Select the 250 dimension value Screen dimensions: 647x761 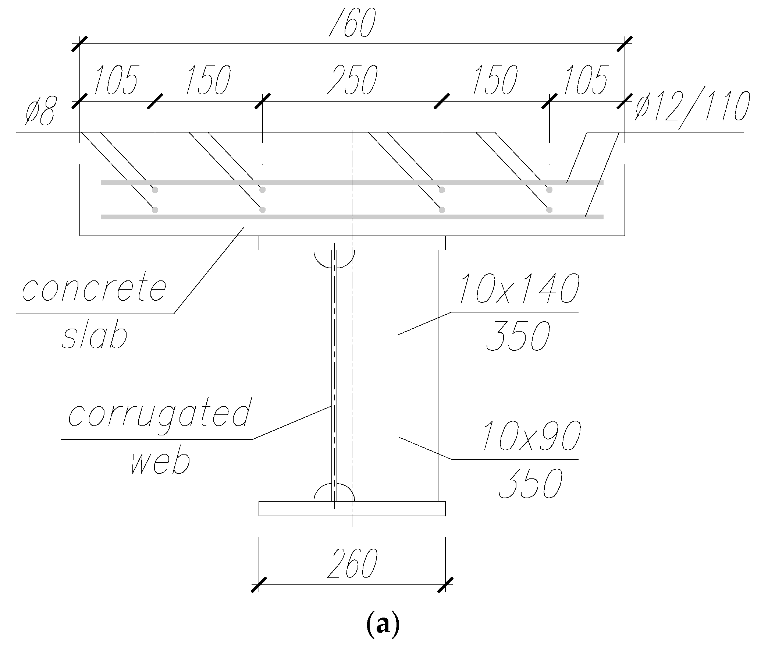pyautogui.click(x=352, y=80)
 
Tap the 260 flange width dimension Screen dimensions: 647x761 pyautogui.click(x=352, y=563)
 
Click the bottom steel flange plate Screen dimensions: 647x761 pyautogui.click(x=352, y=508)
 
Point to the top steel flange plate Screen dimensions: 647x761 pyautogui.click(x=352, y=243)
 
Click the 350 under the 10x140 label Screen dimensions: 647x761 pyautogui.click(x=518, y=336)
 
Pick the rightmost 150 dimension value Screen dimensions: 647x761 pyautogui.click(x=495, y=80)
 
